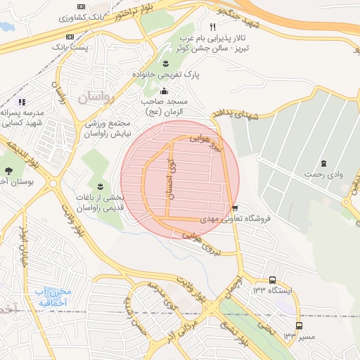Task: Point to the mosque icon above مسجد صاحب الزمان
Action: click(x=165, y=91)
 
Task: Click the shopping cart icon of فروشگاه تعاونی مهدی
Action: click(x=234, y=207)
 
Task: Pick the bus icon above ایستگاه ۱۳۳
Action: click(x=273, y=279)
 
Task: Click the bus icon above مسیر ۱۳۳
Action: click(x=300, y=326)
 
